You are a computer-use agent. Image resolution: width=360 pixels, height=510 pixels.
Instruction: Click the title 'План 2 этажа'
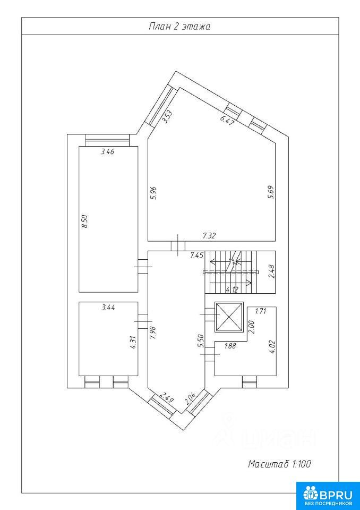tap(179, 27)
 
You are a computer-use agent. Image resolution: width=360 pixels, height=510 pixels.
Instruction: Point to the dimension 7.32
tap(210, 236)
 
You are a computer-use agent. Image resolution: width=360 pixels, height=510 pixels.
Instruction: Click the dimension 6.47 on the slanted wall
tap(226, 121)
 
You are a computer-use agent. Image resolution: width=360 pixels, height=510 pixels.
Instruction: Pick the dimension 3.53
tap(167, 117)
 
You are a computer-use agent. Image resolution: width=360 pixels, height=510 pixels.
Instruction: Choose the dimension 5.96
tap(155, 192)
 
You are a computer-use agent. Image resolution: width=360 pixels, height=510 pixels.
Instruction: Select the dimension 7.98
tap(153, 333)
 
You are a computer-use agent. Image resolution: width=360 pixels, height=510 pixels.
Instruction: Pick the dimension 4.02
tap(272, 347)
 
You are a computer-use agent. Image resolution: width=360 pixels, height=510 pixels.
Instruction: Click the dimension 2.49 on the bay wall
tap(167, 398)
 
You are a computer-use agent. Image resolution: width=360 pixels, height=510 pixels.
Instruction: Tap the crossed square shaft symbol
tap(229, 318)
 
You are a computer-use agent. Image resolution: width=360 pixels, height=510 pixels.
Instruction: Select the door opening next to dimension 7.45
tap(178, 246)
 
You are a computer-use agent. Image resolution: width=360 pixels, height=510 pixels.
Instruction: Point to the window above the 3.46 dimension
tap(107, 140)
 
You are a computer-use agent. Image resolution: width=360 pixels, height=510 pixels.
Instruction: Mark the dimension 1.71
tap(261, 311)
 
